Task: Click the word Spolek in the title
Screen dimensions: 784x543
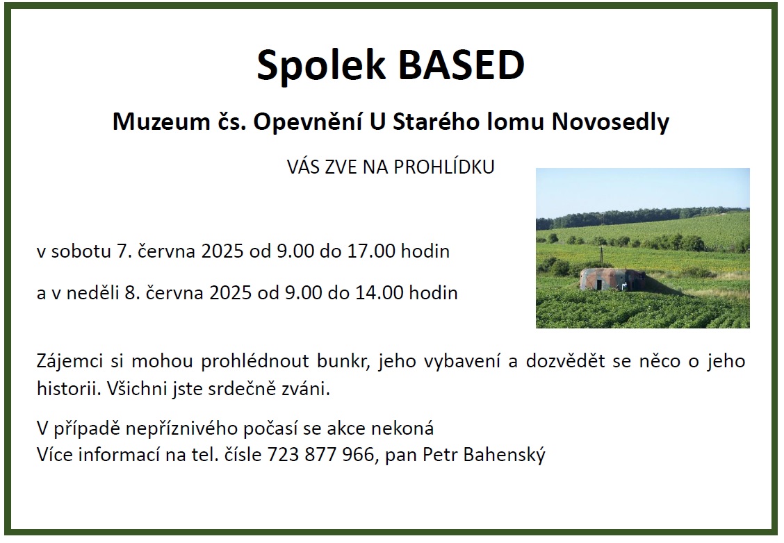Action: point(322,65)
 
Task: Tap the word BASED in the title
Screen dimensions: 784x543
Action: point(461,65)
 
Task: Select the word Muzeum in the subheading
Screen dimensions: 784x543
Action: point(161,122)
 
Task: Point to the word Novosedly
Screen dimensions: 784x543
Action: point(610,122)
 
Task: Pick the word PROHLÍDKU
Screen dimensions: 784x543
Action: point(444,167)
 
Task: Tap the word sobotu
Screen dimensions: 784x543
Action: point(81,251)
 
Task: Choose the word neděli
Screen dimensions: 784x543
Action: point(92,292)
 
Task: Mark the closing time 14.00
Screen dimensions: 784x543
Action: point(379,292)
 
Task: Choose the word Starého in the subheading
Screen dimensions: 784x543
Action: point(436,122)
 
